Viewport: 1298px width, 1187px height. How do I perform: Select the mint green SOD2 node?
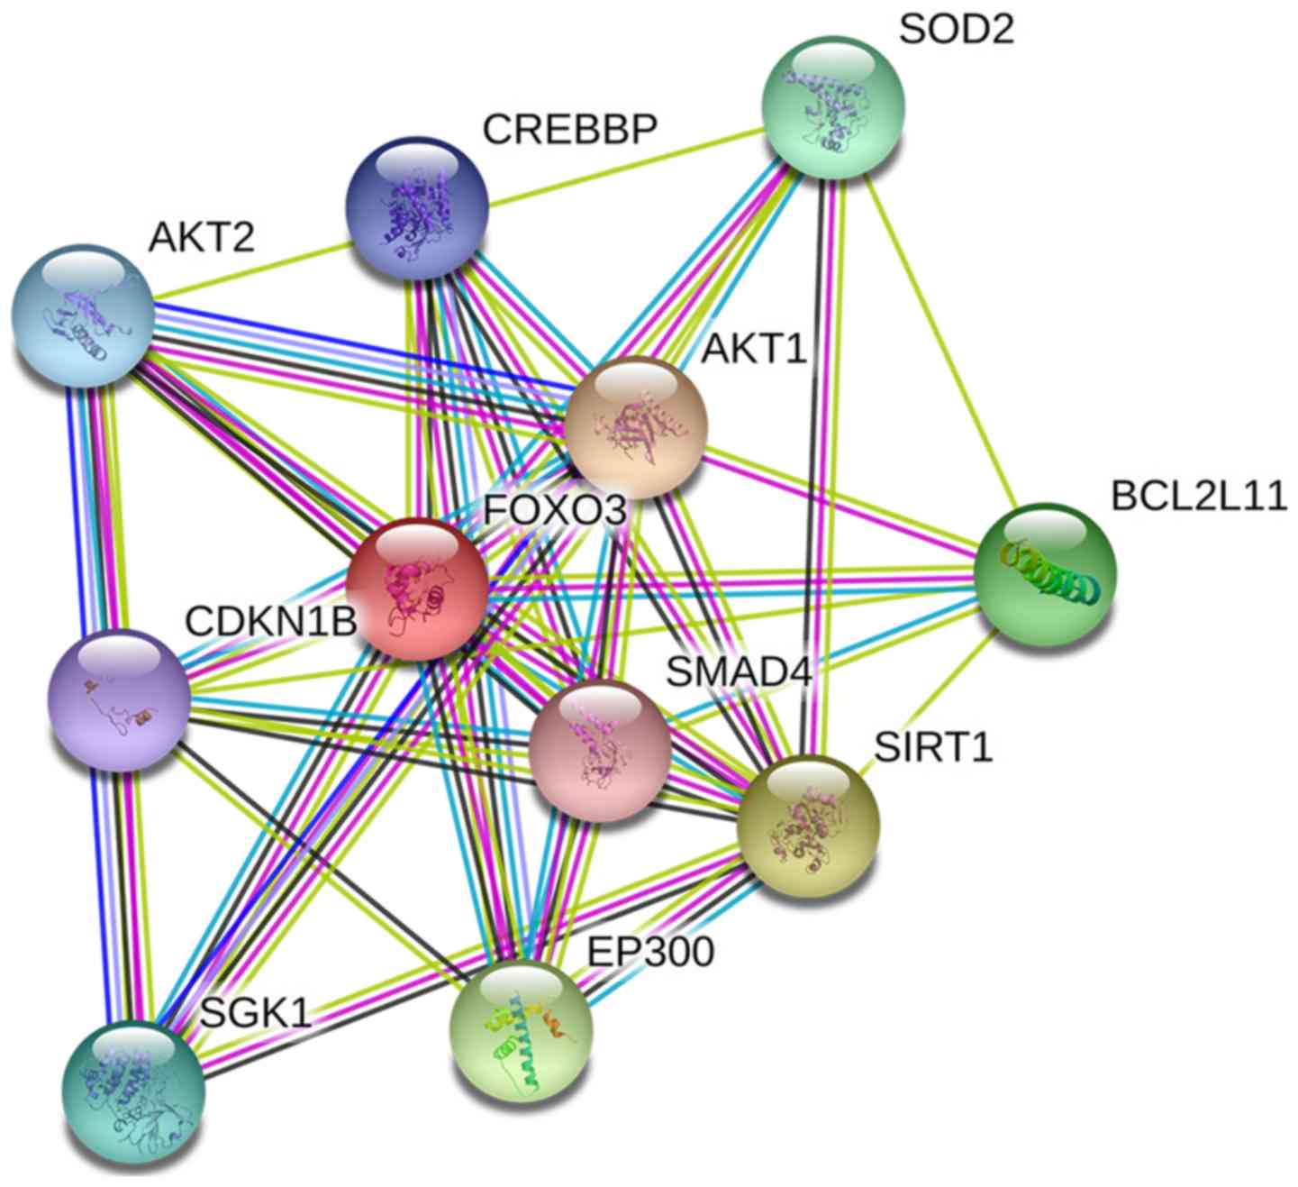point(833,106)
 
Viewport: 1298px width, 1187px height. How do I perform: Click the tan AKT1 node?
point(636,427)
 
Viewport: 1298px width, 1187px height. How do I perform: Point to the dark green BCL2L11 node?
point(1045,574)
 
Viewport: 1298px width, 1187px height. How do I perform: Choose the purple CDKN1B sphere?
point(119,699)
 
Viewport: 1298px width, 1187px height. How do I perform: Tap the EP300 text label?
point(650,951)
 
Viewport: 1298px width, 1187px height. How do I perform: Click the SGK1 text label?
point(255,1014)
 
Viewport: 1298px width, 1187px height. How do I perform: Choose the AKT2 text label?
point(202,238)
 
